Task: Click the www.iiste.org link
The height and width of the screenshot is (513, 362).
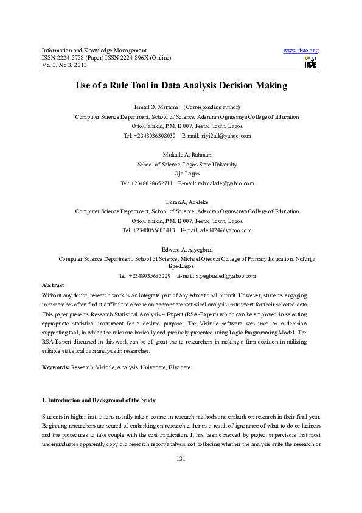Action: pyautogui.click(x=301, y=50)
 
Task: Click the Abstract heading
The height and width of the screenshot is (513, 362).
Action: pyautogui.click(x=53, y=285)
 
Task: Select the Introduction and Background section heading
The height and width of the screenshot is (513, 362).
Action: pyautogui.click(x=98, y=400)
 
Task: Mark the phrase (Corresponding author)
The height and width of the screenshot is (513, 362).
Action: pyautogui.click(x=212, y=107)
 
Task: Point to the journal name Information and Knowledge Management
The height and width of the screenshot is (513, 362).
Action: pyautogui.click(x=94, y=50)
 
